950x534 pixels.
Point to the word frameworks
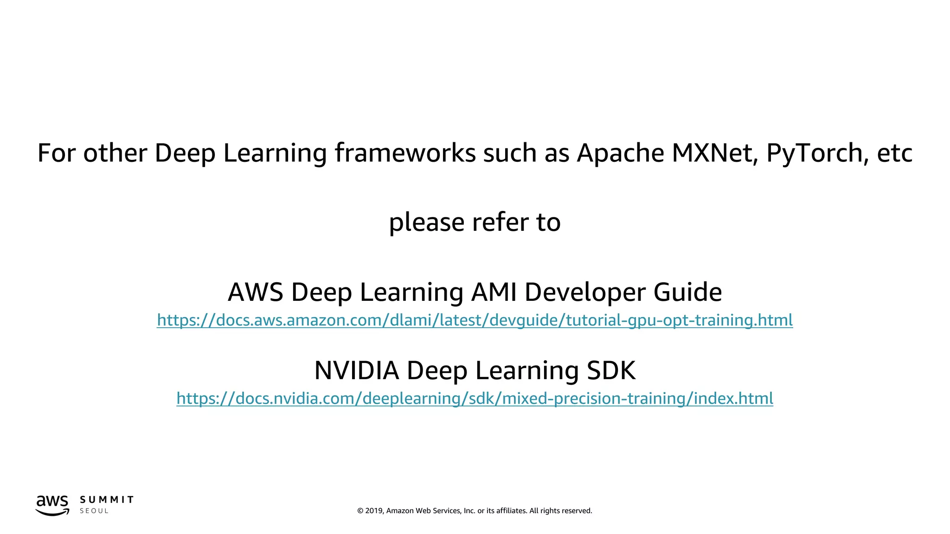[405, 153]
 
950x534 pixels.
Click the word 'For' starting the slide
[56, 153]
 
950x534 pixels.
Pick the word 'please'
[426, 222]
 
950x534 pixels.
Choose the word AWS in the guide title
[255, 292]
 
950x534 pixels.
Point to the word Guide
[687, 292]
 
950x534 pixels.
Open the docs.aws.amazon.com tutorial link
[475, 320]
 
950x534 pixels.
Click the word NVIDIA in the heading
[356, 370]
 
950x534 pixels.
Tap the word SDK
[611, 370]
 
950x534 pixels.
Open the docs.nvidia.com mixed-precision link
[475, 398]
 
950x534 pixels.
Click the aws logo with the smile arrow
[52, 505]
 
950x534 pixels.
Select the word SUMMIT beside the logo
[107, 500]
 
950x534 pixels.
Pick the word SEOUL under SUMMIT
[94, 511]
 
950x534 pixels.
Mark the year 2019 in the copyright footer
[374, 511]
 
